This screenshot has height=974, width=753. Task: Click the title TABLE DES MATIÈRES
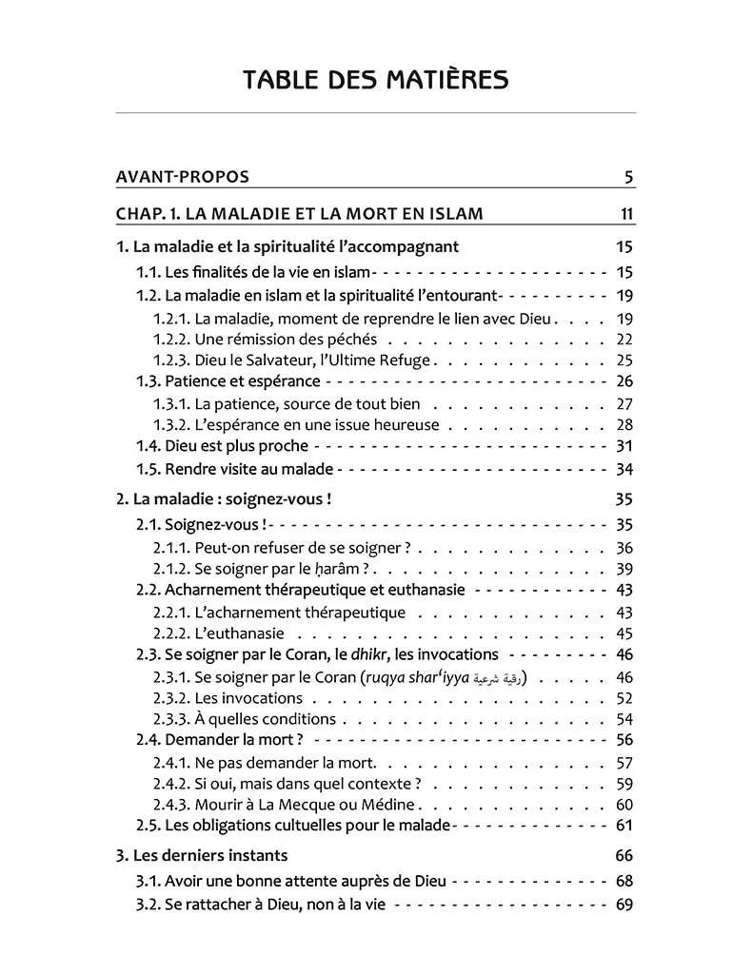pos(375,79)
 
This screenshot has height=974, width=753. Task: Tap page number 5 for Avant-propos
pos(629,177)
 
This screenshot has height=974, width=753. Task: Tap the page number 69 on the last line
pos(624,905)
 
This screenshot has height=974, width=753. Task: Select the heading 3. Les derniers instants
pos(202,855)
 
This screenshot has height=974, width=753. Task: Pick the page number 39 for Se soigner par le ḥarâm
pos(624,569)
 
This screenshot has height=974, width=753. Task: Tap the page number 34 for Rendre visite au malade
pos(624,469)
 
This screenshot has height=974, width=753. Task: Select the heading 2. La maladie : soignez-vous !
pos(224,498)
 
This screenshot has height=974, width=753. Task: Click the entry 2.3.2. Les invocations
pos(228,698)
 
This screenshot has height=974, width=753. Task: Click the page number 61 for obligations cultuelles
pos(624,825)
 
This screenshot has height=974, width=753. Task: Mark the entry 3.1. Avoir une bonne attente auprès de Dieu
pos(290,882)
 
